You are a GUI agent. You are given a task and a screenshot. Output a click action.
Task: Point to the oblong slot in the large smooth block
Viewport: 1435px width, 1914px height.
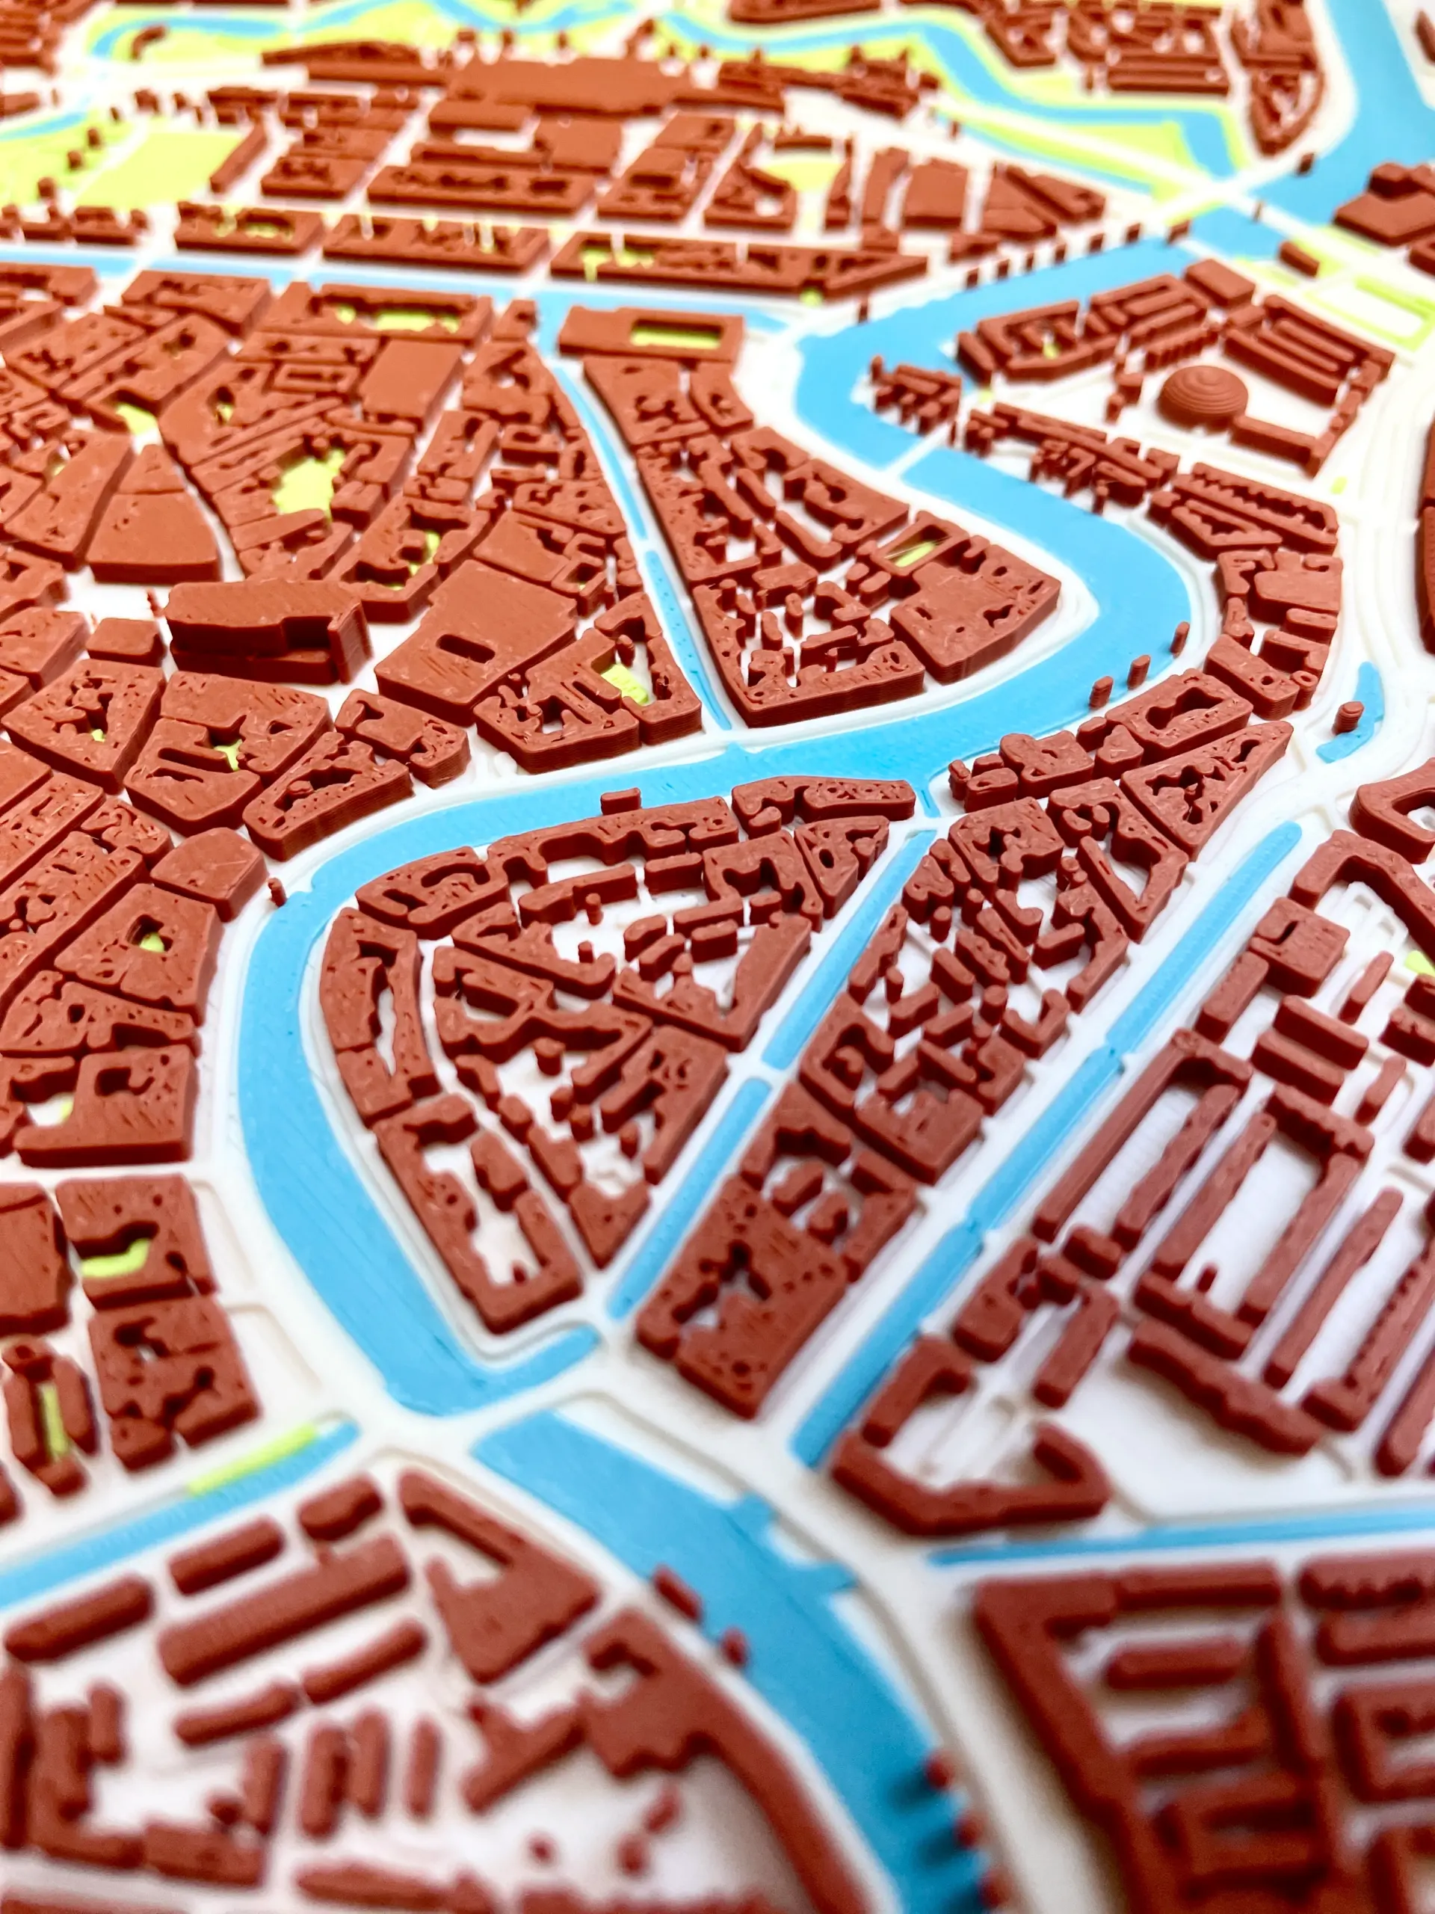pos(456,644)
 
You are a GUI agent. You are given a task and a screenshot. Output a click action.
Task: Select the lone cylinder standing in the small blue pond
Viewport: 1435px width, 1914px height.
pos(1348,714)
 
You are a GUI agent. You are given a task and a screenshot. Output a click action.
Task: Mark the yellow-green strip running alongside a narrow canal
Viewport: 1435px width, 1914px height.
pos(251,1453)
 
